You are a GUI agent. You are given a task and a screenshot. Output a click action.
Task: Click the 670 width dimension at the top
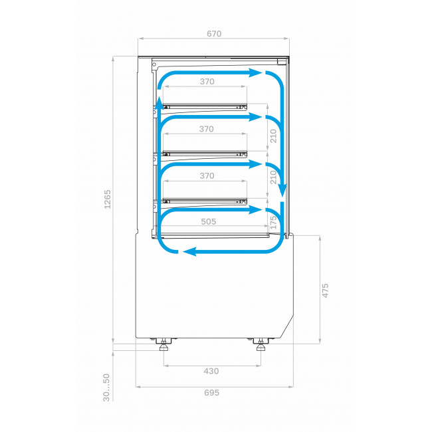click(x=214, y=34)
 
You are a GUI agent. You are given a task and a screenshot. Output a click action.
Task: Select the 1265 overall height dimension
click(x=107, y=199)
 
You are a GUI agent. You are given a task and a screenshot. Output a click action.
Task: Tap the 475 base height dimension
click(x=325, y=290)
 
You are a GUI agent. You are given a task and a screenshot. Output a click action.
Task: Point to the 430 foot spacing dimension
click(x=211, y=371)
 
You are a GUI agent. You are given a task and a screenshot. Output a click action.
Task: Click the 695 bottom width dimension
click(x=211, y=393)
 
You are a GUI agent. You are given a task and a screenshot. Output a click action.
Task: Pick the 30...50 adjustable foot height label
click(x=106, y=387)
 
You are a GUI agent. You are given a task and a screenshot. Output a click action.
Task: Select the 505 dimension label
click(x=208, y=221)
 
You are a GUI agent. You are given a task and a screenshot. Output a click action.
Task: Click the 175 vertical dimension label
click(x=273, y=223)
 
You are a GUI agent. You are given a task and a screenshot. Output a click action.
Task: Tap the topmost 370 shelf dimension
click(x=207, y=82)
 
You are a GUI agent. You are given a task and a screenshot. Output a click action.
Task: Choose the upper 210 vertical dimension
click(x=273, y=136)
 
